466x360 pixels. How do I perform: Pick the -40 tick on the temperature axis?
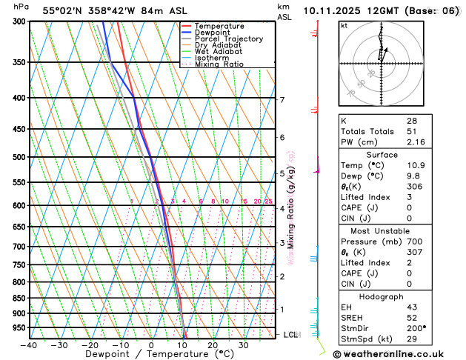(x=29, y=345)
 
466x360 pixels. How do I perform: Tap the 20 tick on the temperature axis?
(x=213, y=345)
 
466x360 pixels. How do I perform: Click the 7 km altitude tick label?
(x=282, y=100)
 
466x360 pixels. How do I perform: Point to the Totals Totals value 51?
(x=411, y=131)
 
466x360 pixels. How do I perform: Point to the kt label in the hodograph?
(x=344, y=26)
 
